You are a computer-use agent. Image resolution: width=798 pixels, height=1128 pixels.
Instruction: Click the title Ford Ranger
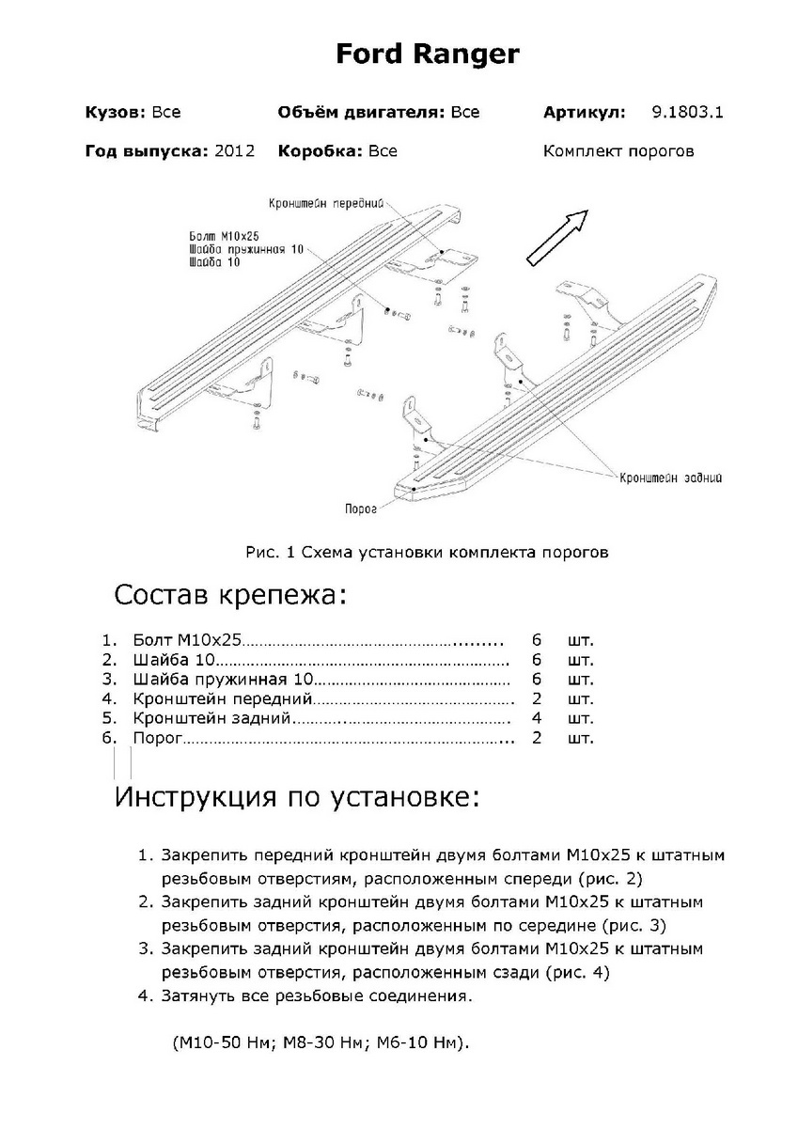point(427,55)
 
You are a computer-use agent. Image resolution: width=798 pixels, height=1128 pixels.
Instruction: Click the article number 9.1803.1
point(687,113)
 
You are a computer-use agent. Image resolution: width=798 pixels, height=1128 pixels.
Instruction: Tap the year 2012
point(235,150)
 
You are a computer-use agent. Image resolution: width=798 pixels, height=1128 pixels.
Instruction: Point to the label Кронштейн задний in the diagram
point(671,478)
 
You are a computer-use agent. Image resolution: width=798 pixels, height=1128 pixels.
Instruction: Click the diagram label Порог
point(361,509)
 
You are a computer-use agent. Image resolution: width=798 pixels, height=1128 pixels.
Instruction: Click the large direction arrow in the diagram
point(555,238)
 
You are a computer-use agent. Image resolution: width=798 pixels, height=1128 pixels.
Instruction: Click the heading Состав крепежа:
point(229,595)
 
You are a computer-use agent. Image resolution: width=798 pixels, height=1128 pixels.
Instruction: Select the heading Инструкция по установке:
point(297,798)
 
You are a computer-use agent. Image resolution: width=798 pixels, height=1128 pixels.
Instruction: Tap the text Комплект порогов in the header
point(618,150)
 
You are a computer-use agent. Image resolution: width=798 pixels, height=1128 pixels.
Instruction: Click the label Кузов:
point(115,113)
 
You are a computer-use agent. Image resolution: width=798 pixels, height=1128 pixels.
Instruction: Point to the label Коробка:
point(319,150)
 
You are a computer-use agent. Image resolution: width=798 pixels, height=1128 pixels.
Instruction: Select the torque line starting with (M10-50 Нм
point(321,1042)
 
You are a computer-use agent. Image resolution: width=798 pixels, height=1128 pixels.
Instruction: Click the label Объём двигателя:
point(360,113)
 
